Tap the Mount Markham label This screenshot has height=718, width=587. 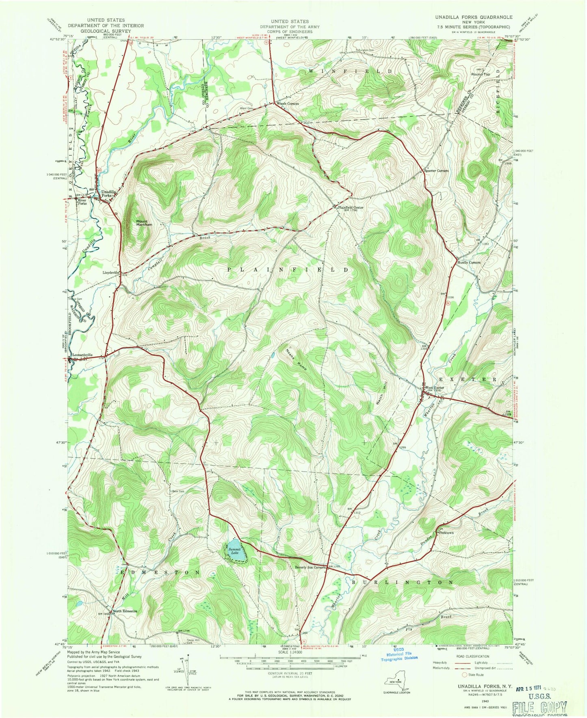coord(144,223)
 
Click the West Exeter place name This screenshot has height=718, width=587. coord(435,387)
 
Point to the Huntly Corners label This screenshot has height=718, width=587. coord(469,262)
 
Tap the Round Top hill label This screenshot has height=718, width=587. coord(481,74)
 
